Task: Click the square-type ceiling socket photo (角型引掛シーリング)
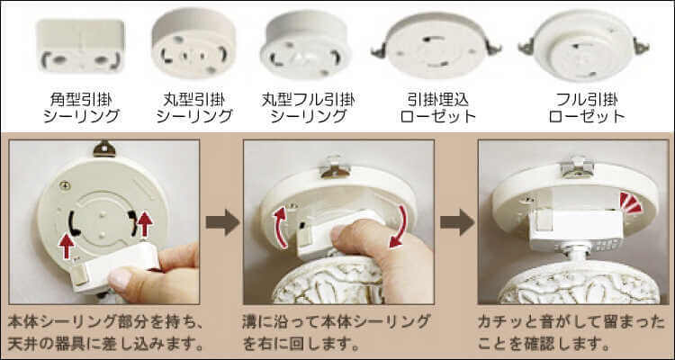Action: tap(81, 46)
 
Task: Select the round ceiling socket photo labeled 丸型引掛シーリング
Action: tap(193, 44)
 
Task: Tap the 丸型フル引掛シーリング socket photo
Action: tap(306, 45)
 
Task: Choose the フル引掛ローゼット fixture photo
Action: tap(584, 45)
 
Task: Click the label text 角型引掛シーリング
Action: tap(81, 108)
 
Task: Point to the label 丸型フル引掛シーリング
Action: tap(308, 108)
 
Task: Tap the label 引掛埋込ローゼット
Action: tap(437, 108)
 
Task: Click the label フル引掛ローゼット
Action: tap(587, 108)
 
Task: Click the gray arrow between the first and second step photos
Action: tap(222, 222)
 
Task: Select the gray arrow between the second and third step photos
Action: tap(456, 222)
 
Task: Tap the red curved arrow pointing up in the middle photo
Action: tap(280, 227)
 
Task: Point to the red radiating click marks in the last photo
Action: tap(631, 202)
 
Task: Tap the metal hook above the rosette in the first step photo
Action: tap(104, 148)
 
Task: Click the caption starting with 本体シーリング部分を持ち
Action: tap(105, 333)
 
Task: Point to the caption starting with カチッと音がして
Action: tap(571, 333)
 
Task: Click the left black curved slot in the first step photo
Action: tap(72, 223)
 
